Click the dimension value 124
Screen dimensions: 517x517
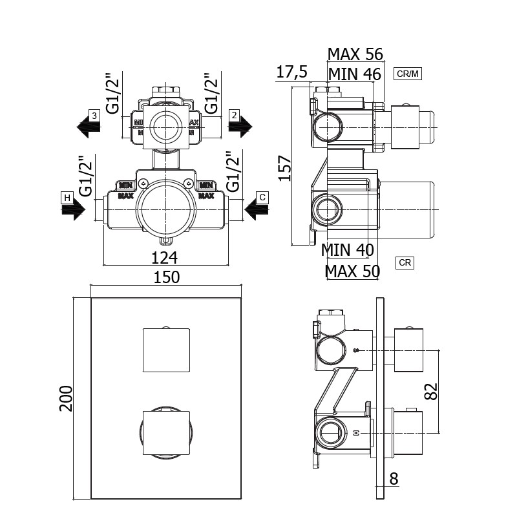165,257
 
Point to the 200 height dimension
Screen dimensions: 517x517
66,399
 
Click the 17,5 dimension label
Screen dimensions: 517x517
291,72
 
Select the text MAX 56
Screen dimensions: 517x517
355,54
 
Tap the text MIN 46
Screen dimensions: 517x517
354,74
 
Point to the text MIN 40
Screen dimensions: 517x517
348,249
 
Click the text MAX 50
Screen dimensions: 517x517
352,271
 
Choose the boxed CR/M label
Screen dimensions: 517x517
408,74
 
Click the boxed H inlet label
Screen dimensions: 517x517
66,196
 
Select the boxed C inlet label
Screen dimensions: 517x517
262,196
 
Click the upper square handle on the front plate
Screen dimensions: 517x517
166,350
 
